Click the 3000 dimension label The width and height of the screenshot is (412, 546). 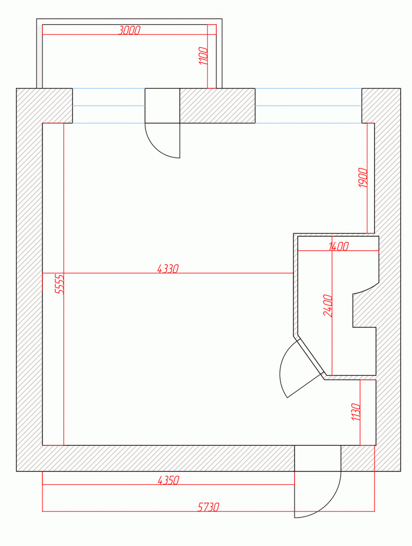pyautogui.click(x=129, y=30)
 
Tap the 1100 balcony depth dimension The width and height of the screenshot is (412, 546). pyautogui.click(x=203, y=56)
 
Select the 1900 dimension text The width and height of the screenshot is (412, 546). pyautogui.click(x=363, y=178)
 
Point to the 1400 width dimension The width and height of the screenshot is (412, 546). pyautogui.click(x=338, y=246)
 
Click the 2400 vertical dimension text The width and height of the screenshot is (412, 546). pyautogui.click(x=328, y=305)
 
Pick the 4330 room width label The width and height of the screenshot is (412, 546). pyautogui.click(x=168, y=269)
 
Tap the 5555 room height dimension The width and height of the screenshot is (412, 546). pyautogui.click(x=60, y=284)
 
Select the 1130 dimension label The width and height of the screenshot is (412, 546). pyautogui.click(x=356, y=412)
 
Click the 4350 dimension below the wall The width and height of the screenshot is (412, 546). pyautogui.click(x=168, y=481)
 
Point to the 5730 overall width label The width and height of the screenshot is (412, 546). pyautogui.click(x=209, y=507)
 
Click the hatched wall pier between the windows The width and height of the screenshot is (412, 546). pyautogui.click(x=217, y=106)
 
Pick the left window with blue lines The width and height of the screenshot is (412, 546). pyautogui.click(x=108, y=106)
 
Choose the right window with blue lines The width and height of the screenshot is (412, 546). pyautogui.click(x=308, y=106)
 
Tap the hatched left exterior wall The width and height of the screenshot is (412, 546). pyautogui.click(x=29, y=280)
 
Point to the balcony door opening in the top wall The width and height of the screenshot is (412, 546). pyautogui.click(x=162, y=106)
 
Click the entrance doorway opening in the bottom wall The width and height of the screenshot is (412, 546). pyautogui.click(x=318, y=458)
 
